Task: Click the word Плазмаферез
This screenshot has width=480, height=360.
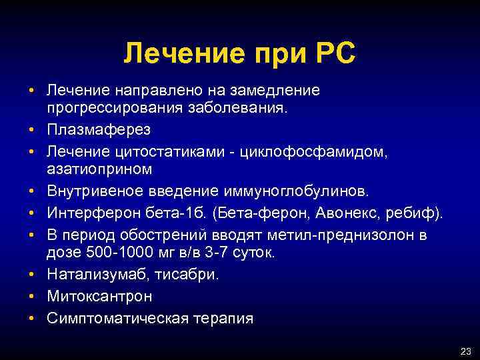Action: (90, 127)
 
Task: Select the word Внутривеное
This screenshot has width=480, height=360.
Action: (91, 192)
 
